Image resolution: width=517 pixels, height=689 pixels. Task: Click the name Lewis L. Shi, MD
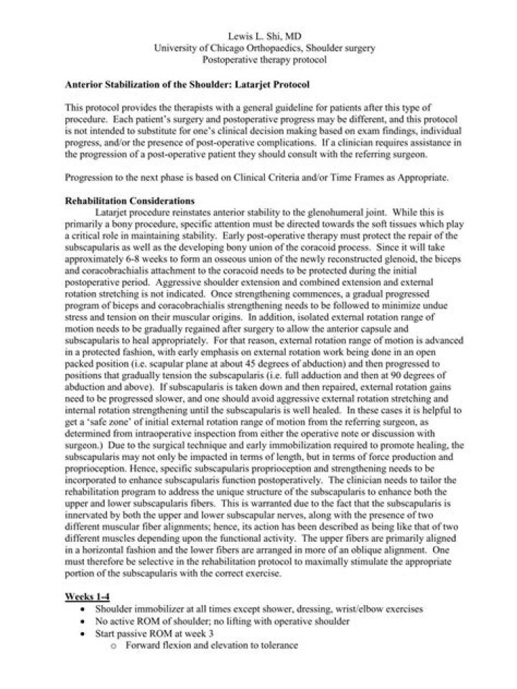pyautogui.click(x=258, y=36)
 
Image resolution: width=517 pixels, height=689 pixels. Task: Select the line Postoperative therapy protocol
pyautogui.click(x=258, y=60)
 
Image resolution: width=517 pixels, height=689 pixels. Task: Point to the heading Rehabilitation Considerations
pyautogui.click(x=126, y=200)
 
